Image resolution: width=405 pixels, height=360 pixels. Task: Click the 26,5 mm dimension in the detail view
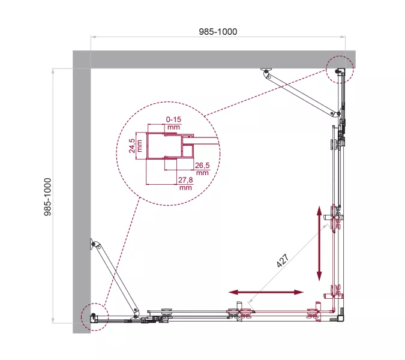tap(202, 169)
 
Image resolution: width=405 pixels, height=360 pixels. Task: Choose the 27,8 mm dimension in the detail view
tap(185, 183)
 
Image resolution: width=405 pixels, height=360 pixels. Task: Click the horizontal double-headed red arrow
tap(266, 292)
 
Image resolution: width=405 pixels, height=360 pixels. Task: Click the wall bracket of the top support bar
tap(265, 72)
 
